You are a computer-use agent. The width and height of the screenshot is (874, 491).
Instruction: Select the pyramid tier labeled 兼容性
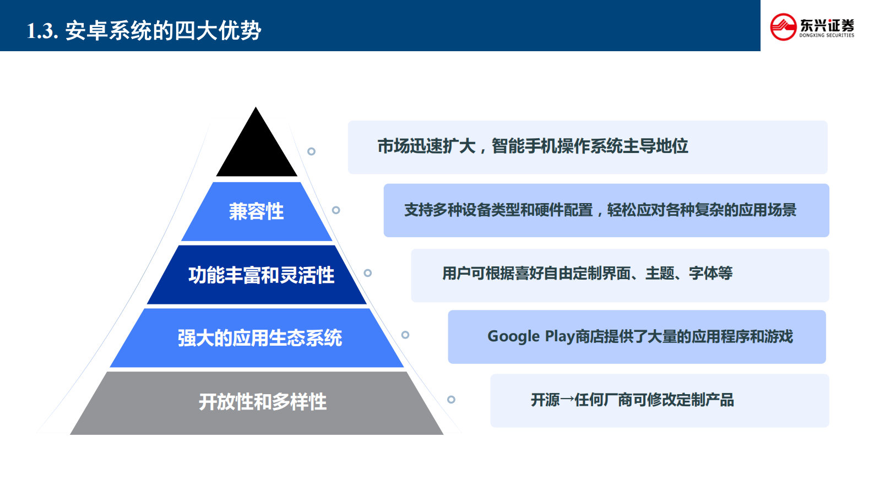[x=257, y=212]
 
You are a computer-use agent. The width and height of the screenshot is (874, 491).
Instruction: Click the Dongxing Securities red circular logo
[x=783, y=27]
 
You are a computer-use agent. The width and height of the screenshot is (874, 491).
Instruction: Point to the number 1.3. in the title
[x=42, y=31]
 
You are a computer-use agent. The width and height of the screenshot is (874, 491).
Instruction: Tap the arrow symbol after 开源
[x=567, y=400]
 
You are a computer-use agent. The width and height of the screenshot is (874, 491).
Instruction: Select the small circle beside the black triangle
[x=311, y=151]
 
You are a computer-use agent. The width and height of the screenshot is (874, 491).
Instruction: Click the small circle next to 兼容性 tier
[x=336, y=210]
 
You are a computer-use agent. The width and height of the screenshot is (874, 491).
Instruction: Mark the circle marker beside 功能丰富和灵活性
[x=368, y=273]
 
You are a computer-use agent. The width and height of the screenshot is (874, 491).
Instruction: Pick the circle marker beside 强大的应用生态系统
[x=405, y=335]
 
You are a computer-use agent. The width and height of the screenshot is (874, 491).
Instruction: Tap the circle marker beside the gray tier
[x=451, y=400]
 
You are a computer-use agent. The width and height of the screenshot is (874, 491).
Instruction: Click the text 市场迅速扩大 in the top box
[x=426, y=146]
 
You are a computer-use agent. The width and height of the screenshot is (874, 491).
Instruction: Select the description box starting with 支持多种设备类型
[x=606, y=210]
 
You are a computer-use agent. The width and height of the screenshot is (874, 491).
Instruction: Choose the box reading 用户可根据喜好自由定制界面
[x=620, y=275]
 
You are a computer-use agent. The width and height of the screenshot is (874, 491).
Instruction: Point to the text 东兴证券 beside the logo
[x=827, y=25]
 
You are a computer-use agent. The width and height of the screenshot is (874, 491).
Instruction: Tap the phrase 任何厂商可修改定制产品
[x=654, y=400]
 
